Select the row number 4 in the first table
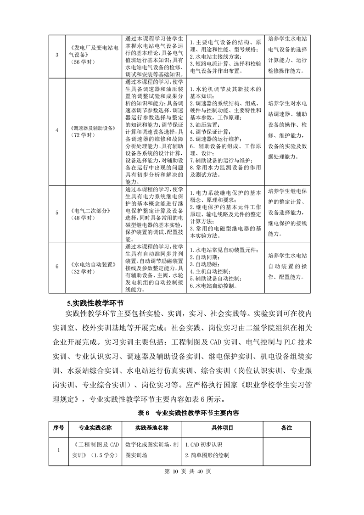57,130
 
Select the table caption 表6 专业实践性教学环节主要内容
182,413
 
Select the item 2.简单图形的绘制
207,455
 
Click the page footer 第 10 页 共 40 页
182,471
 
